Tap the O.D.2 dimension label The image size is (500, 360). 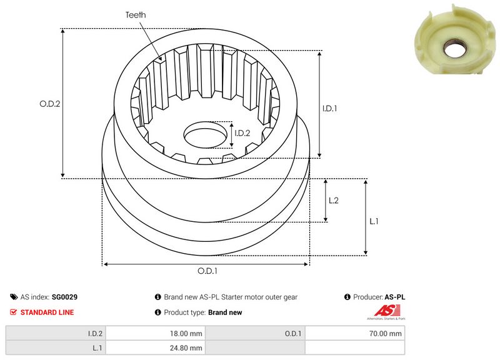(49, 104)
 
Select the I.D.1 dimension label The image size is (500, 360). (330, 108)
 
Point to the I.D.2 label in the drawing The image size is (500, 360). (242, 132)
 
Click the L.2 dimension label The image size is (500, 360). (334, 200)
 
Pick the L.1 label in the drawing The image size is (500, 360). (374, 221)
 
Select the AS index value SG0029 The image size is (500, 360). (64, 297)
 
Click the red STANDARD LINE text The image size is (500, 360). (47, 312)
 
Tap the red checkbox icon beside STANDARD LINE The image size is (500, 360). (14, 312)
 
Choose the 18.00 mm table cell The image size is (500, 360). (182, 334)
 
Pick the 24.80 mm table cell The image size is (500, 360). (182, 348)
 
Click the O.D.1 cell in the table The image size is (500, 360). (292, 334)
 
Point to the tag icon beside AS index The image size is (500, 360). (14, 297)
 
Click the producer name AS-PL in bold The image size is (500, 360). (395, 297)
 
